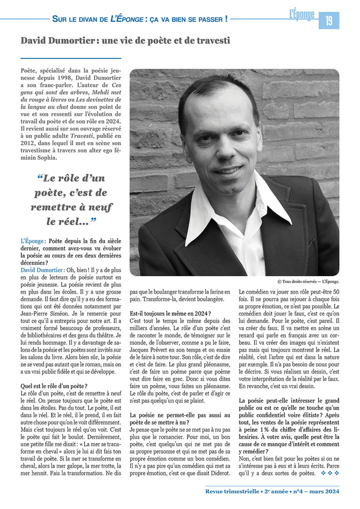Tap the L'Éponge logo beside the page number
301,15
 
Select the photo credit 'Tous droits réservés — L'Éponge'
308,281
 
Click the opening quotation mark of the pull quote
40,179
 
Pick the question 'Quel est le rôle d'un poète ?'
54,386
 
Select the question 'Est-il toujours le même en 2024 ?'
170,313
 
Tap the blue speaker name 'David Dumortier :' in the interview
42,269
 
